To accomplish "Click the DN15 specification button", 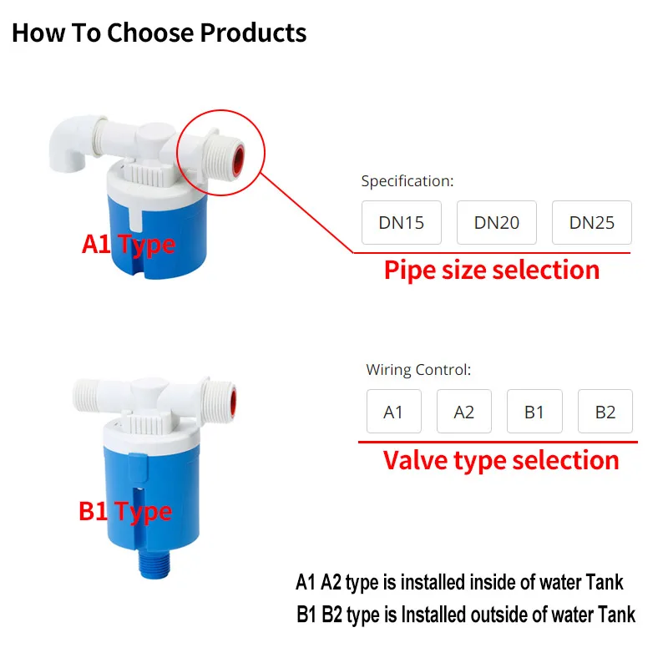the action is [402, 223].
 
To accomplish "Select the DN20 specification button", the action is [497, 223].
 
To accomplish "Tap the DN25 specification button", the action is [592, 223].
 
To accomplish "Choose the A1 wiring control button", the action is [393, 412].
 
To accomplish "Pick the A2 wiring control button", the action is [463, 412].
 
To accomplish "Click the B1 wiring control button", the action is [534, 412].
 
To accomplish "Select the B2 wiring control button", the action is [605, 412].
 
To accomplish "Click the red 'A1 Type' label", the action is [129, 244].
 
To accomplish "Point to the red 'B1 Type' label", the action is [125, 511].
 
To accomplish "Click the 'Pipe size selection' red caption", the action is [492, 270].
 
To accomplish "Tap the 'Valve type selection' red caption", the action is [501, 460].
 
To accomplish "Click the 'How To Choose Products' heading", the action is [159, 33].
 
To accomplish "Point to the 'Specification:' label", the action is [407, 180].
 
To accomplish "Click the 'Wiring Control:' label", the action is [418, 369].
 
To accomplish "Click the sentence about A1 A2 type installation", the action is [459, 582].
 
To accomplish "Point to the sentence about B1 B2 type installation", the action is [465, 615].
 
